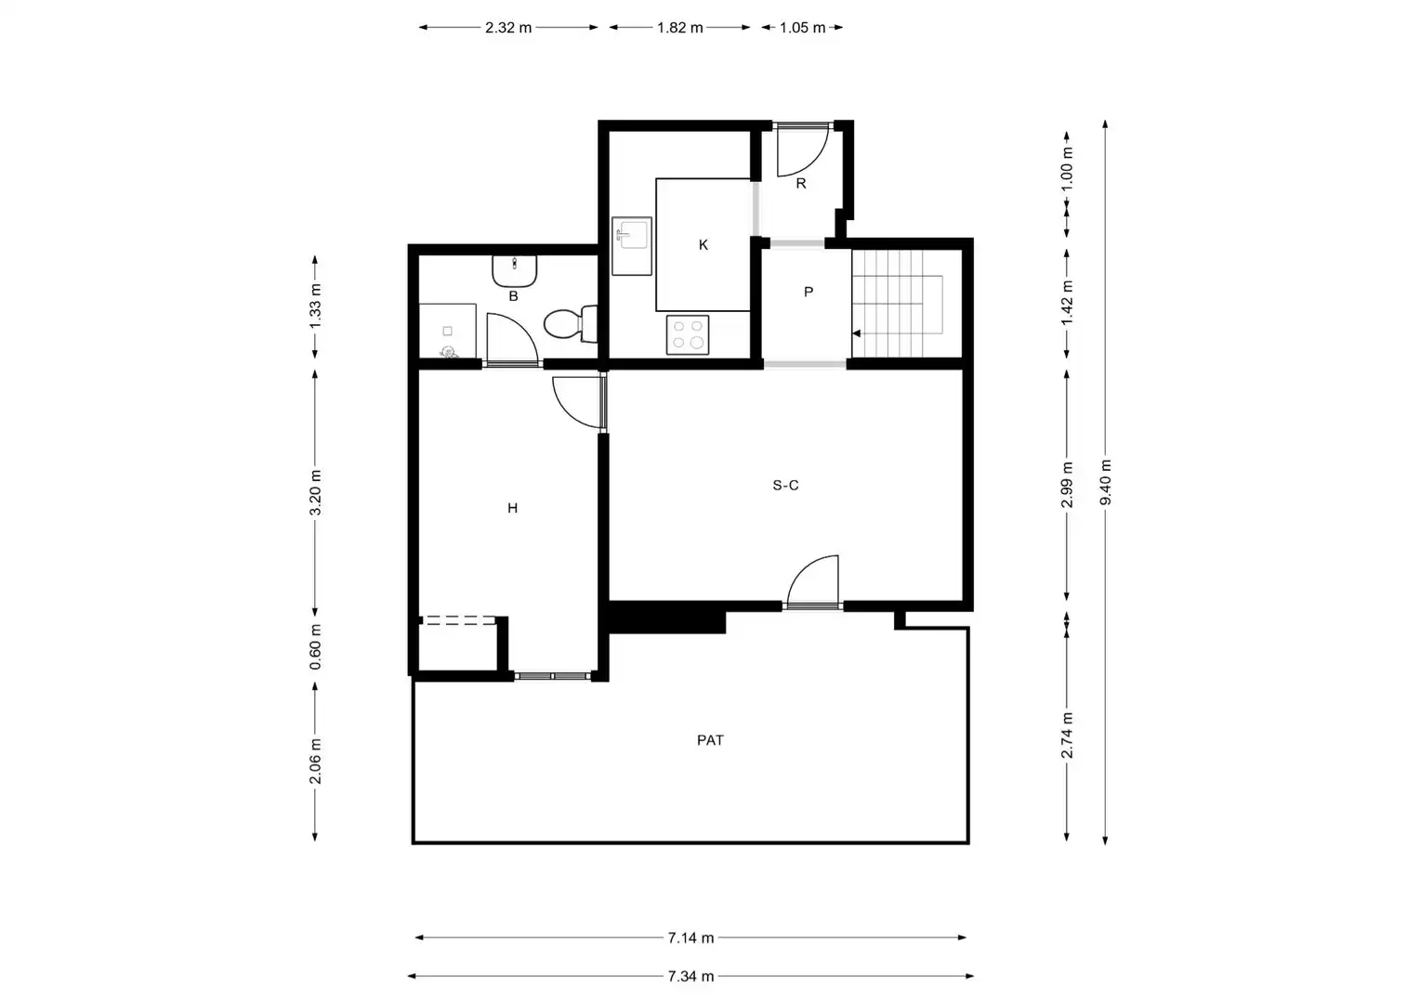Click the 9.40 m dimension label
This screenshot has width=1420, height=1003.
click(x=1106, y=482)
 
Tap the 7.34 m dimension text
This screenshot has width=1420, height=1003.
click(x=691, y=976)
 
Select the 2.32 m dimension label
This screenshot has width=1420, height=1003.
click(x=508, y=28)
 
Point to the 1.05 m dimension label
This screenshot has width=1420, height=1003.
click(x=803, y=28)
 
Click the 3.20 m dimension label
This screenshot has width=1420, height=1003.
click(x=316, y=493)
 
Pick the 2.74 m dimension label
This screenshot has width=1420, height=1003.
click(x=1068, y=735)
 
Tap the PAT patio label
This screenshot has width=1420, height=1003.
click(x=710, y=740)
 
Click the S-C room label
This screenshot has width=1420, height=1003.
click(x=785, y=486)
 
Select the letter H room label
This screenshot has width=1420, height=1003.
click(x=512, y=508)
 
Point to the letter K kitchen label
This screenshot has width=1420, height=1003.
click(x=703, y=245)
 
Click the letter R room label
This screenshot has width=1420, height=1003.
click(x=801, y=184)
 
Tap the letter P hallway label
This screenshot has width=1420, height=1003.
click(x=809, y=293)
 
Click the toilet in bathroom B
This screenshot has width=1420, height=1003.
click(x=571, y=324)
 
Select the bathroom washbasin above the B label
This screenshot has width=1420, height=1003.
click(x=515, y=271)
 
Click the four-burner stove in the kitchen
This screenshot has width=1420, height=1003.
click(x=688, y=335)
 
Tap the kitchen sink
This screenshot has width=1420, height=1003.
click(x=631, y=246)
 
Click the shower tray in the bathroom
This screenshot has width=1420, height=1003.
click(x=448, y=332)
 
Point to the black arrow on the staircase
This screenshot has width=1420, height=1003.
click(x=857, y=333)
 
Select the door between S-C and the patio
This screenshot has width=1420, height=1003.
click(x=813, y=583)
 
